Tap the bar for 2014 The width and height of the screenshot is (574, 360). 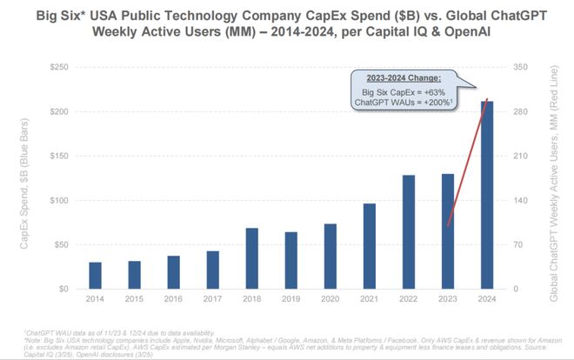coord(96,275)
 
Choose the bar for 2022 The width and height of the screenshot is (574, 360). coord(408,231)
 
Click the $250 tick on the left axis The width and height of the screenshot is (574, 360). coord(59,67)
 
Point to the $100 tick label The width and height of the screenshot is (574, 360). coord(59,200)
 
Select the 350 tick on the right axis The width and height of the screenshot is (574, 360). coord(520,67)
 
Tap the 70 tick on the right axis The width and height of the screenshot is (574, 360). coord(517,244)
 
